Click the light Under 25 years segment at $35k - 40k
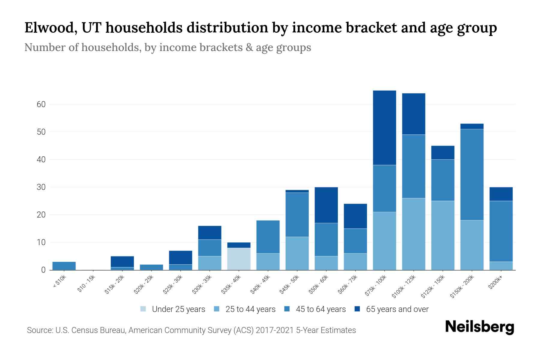[239, 259]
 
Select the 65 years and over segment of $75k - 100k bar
[384, 128]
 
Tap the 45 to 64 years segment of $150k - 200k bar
[472, 175]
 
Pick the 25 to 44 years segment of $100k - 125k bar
[413, 234]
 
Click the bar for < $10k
[64, 266]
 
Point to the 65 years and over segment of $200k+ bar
[501, 194]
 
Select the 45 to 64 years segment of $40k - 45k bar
[268, 237]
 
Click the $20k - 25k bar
[151, 267]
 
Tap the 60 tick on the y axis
[41, 104]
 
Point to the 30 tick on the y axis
[41, 187]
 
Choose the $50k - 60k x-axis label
[319, 285]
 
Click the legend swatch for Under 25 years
[143, 309]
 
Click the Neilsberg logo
[479, 327]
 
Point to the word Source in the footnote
[39, 330]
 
